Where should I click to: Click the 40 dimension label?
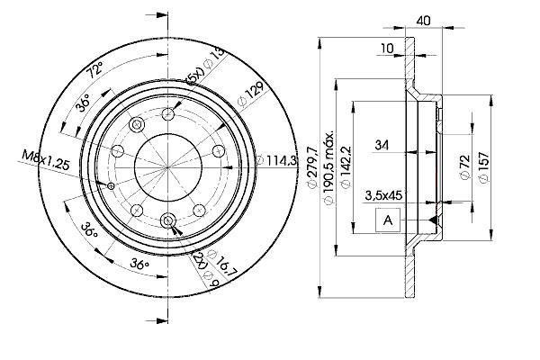pos(423,21)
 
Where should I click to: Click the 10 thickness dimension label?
pos(387,49)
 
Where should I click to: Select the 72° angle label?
pos(94,69)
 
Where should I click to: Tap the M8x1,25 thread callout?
pos(46,160)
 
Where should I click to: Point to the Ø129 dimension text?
pos(251,94)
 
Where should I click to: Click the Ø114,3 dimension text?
pos(276,160)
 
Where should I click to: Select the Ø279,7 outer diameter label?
pos(312,167)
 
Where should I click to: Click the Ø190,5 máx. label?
pos(328,167)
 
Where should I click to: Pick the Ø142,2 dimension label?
pos(346,167)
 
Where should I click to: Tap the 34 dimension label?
pos(382,145)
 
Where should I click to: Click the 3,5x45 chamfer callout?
pos(383,195)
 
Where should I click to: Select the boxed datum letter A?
pos(388,220)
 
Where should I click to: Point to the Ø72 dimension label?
pos(465,167)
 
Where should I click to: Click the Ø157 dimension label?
pos(483,167)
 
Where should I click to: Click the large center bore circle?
pos(167,167)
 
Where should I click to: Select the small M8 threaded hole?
pos(111,186)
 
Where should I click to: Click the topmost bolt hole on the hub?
pos(168,114)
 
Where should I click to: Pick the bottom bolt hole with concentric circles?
pos(168,220)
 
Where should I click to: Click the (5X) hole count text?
pos(194,76)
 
